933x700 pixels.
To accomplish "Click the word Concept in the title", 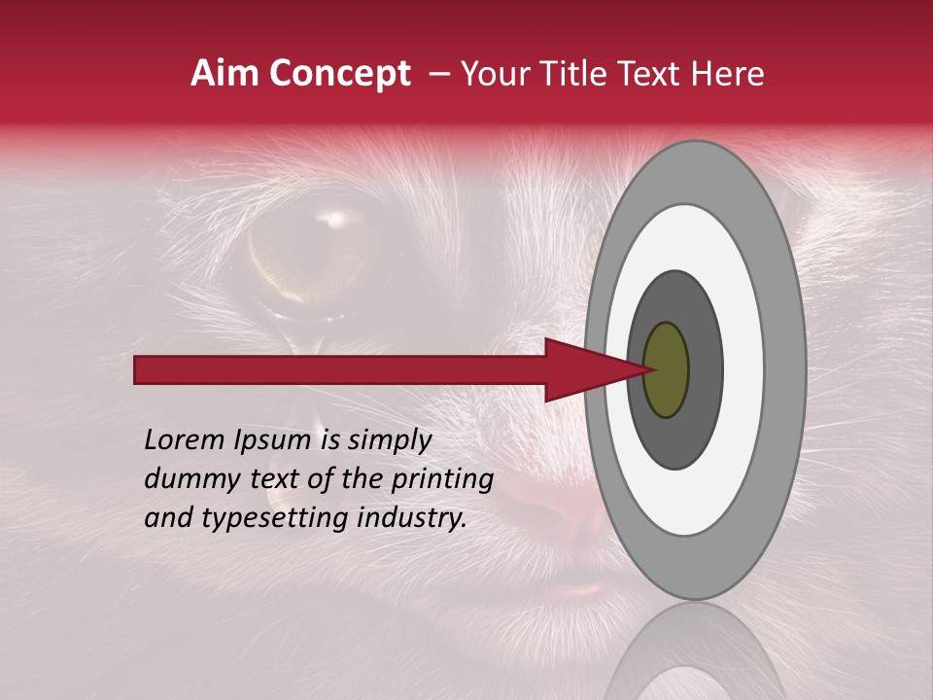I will click(339, 74).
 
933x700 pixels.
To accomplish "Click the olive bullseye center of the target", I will click(666, 369).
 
